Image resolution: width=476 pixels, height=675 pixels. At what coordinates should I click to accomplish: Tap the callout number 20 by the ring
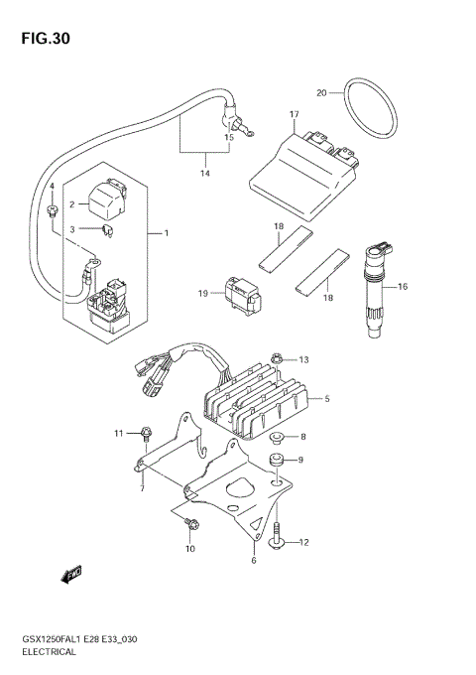tap(321, 93)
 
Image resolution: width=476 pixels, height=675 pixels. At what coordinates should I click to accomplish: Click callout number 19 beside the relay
tap(201, 294)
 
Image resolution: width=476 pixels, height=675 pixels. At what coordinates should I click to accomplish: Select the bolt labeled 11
tap(147, 433)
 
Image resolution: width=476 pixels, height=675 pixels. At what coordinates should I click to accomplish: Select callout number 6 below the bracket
tap(254, 562)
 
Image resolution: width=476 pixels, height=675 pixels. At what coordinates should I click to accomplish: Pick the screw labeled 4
tap(51, 210)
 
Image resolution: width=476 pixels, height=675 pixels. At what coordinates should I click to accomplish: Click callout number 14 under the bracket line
tap(204, 174)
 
